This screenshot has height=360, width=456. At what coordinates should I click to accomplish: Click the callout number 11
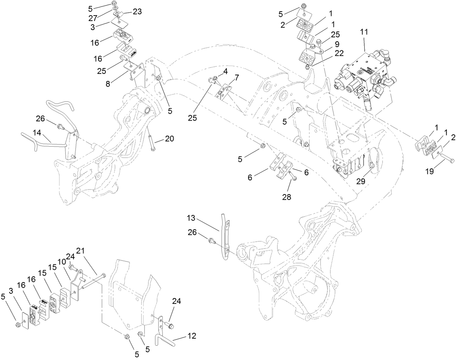pyautogui.click(x=364, y=32)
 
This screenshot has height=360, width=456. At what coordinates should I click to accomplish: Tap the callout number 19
pyautogui.click(x=429, y=172)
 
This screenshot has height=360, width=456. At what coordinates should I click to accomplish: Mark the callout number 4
pyautogui.click(x=225, y=72)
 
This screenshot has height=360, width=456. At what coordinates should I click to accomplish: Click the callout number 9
pyautogui.click(x=337, y=44)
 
